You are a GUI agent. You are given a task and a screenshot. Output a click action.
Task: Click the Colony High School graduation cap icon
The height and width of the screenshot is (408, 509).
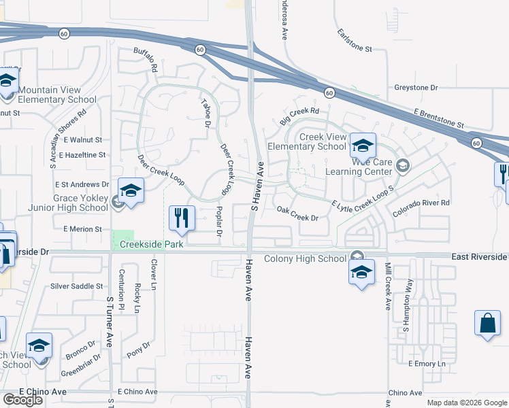(x=361, y=273)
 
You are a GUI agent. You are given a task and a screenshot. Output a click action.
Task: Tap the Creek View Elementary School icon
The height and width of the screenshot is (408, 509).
(x=363, y=145)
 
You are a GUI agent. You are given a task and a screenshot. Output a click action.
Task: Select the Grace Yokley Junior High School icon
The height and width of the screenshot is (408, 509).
(x=131, y=190)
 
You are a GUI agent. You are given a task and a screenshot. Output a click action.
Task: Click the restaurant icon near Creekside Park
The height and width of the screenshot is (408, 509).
(x=181, y=218)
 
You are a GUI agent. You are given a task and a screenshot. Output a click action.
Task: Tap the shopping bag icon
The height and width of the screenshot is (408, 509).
(x=489, y=323)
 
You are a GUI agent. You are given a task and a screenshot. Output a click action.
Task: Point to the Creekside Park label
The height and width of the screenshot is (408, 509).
(x=152, y=244)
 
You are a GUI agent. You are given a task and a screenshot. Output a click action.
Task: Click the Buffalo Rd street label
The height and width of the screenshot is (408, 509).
(x=146, y=59)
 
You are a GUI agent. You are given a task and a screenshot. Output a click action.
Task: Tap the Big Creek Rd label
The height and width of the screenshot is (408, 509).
(x=299, y=116)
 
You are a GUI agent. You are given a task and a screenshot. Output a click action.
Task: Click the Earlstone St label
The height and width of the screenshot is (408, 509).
(x=355, y=41)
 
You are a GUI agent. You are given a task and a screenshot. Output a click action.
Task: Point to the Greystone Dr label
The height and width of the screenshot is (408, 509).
(x=416, y=88)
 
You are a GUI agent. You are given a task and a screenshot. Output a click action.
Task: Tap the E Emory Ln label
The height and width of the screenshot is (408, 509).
(x=427, y=364)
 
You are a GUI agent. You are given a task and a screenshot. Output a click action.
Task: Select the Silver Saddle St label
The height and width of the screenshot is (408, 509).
(x=76, y=287)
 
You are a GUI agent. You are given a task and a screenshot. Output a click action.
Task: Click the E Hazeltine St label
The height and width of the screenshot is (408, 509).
(x=82, y=155)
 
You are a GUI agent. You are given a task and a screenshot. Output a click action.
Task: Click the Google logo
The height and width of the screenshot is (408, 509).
(x=22, y=400)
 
